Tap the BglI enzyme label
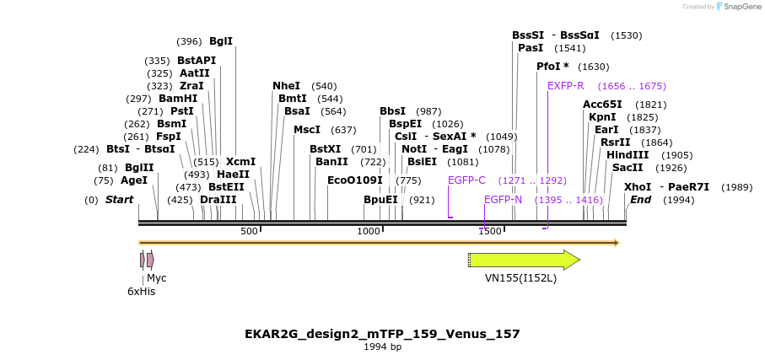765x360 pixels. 221,41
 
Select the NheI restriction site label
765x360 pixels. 286,86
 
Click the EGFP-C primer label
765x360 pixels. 466,180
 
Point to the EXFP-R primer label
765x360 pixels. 565,86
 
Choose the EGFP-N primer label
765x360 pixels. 503,200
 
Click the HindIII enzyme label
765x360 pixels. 628,155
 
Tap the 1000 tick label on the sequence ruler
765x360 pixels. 369,232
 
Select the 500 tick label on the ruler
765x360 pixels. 249,232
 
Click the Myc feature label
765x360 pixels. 157,277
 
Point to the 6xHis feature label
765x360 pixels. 141,291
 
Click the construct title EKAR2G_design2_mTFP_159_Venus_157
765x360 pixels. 382,334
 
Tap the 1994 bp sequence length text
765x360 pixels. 382,347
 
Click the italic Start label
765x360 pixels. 119,200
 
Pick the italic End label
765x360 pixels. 640,200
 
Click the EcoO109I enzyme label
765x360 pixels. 354,180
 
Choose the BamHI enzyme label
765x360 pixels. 178,99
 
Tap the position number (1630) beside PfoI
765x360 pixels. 594,67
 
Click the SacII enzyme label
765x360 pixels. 627,168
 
